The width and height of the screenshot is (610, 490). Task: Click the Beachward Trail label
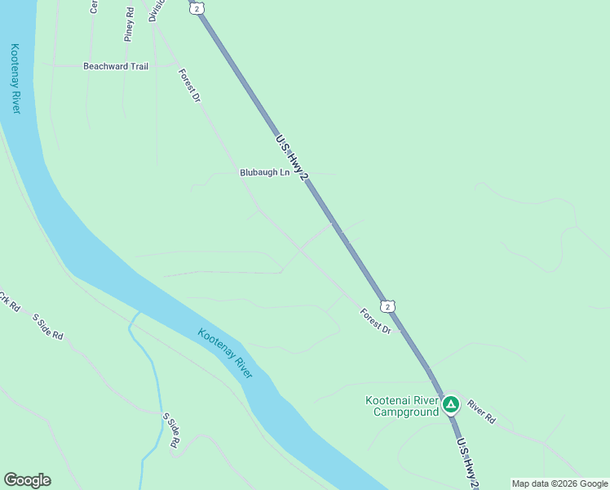[116, 66]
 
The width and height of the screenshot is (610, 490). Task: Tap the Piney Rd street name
[129, 24]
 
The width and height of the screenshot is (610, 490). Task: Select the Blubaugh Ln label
[264, 172]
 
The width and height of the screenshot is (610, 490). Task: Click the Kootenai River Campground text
[400, 406]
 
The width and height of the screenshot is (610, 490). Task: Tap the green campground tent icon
[450, 403]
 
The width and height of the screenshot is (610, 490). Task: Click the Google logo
[27, 480]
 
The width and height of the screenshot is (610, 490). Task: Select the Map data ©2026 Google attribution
[560, 483]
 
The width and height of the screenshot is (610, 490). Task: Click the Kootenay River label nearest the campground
[225, 353]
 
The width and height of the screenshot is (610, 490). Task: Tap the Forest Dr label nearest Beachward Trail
[189, 85]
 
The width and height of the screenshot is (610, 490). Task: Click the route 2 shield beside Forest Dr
[388, 306]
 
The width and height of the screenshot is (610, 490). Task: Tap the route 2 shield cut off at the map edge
[195, 6]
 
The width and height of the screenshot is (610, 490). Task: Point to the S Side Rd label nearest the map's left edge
[47, 326]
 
